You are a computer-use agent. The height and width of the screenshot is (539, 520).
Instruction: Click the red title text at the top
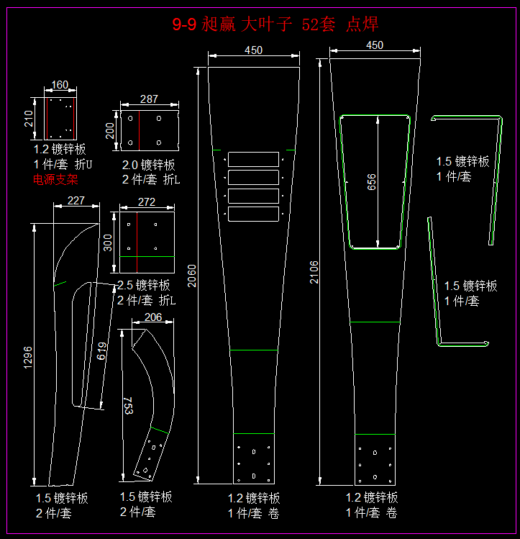[275, 24]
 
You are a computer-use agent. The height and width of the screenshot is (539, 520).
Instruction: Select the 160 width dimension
[60, 85]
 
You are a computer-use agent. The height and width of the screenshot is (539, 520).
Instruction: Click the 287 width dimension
[149, 99]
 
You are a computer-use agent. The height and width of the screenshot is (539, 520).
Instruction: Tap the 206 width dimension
[153, 317]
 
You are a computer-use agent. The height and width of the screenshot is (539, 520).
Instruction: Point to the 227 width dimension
[76, 201]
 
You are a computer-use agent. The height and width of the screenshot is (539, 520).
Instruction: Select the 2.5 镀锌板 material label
[144, 285]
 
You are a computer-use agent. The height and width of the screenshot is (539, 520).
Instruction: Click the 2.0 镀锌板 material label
[148, 165]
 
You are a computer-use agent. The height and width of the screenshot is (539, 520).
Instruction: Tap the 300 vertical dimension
[108, 243]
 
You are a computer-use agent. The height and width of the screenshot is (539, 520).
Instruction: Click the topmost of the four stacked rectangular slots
[253, 159]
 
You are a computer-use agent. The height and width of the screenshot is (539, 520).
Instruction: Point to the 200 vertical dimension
[110, 131]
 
